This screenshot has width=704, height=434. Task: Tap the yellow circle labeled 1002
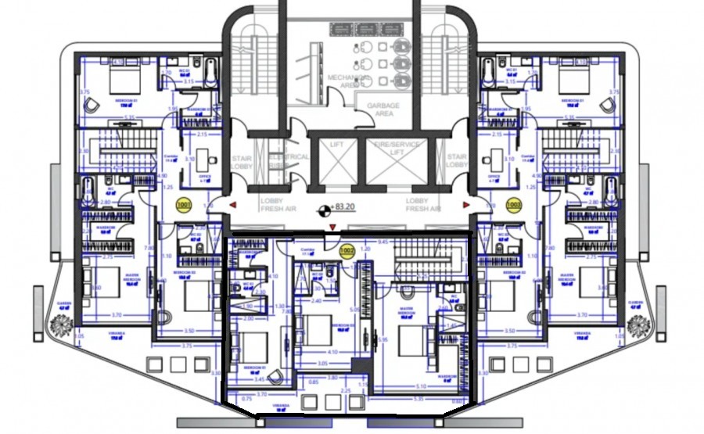(x=348, y=251)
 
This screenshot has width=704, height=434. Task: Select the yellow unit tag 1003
(x=514, y=206)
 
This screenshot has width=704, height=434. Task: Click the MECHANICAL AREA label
(x=342, y=82)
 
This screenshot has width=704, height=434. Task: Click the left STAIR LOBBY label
(x=241, y=161)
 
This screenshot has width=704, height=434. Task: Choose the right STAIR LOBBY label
(x=457, y=161)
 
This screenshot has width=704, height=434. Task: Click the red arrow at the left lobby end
(x=233, y=205)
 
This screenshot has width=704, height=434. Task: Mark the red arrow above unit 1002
(x=334, y=228)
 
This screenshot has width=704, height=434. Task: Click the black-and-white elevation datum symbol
(x=322, y=210)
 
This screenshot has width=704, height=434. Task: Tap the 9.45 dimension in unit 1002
(x=384, y=242)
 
